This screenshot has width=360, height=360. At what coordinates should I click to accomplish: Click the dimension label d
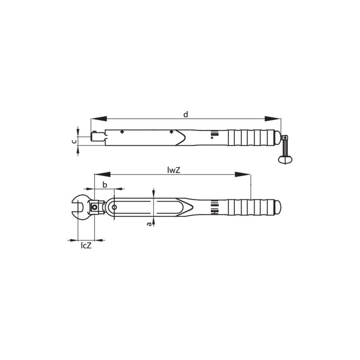(x=185, y=114)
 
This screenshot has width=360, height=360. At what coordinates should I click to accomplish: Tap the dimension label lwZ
(x=174, y=170)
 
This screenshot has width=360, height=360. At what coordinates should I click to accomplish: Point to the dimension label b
(x=105, y=184)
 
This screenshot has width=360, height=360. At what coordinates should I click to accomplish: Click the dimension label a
(x=149, y=224)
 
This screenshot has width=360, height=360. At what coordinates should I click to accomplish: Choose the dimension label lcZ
(x=86, y=246)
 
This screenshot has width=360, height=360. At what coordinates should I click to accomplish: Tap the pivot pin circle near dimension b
(x=114, y=207)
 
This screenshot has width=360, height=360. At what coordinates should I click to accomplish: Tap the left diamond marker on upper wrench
(x=122, y=132)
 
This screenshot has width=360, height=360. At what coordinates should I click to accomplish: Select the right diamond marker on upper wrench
(x=171, y=132)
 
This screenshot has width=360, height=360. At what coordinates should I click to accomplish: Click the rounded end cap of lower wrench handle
(x=278, y=207)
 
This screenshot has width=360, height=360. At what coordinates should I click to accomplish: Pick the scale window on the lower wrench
(x=214, y=207)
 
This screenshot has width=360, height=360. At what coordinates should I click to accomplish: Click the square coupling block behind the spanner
(x=95, y=207)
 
